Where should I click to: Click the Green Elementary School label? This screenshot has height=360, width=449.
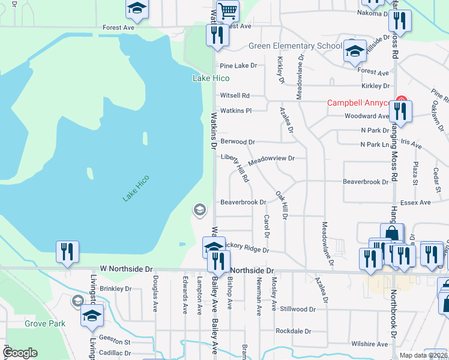(x=295, y=46)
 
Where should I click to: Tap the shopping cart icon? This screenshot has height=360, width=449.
(x=228, y=11)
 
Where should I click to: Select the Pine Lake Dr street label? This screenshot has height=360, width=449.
(x=238, y=65)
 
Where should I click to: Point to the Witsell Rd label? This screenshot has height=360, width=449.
(x=235, y=95)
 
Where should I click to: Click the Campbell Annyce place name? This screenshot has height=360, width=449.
(x=359, y=103)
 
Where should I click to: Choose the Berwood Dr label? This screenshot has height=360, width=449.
(x=238, y=142)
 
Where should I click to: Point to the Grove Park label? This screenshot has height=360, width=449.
(x=45, y=323)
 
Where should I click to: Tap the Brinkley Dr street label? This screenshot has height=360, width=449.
(x=116, y=289)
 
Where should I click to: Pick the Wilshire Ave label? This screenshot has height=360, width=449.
(x=370, y=344)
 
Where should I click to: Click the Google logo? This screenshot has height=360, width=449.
(x=20, y=353)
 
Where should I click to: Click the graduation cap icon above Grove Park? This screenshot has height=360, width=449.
(x=92, y=315)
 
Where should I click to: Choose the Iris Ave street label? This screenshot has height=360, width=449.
(x=412, y=146)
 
